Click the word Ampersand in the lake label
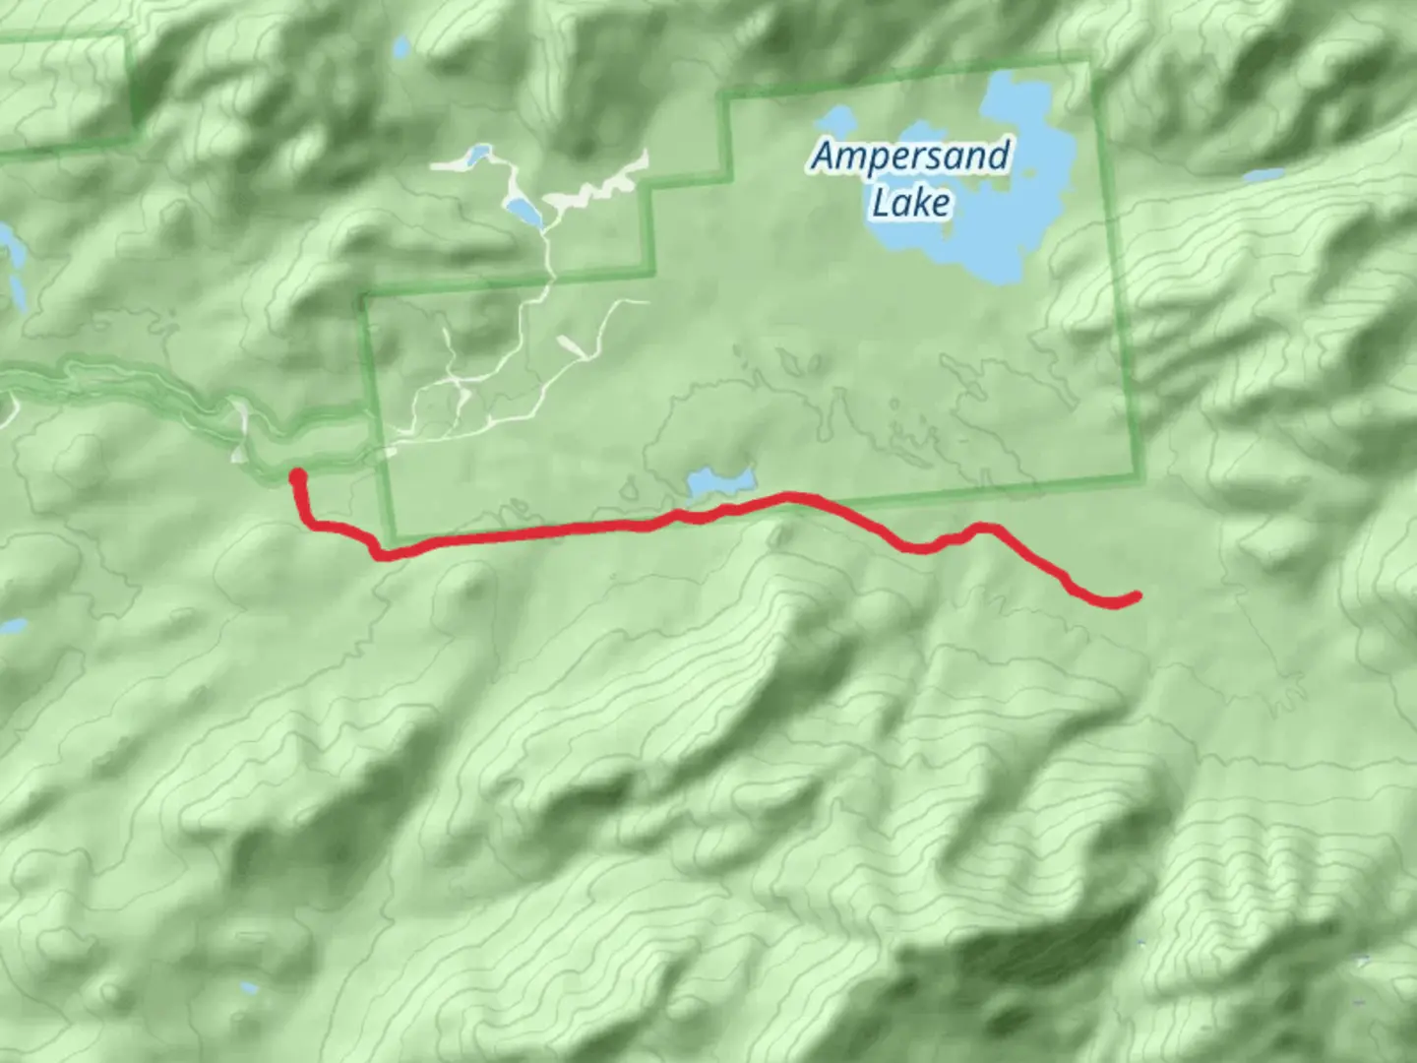pos(911,156)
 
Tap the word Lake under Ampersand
pos(911,203)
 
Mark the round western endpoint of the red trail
pos(297,478)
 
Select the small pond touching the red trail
pos(720,482)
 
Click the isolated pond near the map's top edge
pos(400,47)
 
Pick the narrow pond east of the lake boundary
pos(1263,176)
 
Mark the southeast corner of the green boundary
pos(1140,479)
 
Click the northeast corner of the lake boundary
pos(1089,64)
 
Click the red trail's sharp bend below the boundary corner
pos(378,553)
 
